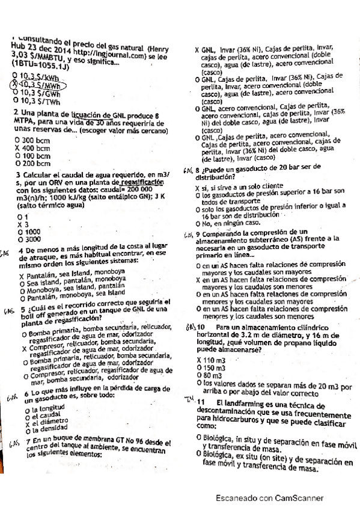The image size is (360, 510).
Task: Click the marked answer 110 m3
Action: tap(210, 359)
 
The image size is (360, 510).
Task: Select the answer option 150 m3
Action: tap(210, 366)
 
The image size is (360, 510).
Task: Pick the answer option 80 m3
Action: tap(209, 373)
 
